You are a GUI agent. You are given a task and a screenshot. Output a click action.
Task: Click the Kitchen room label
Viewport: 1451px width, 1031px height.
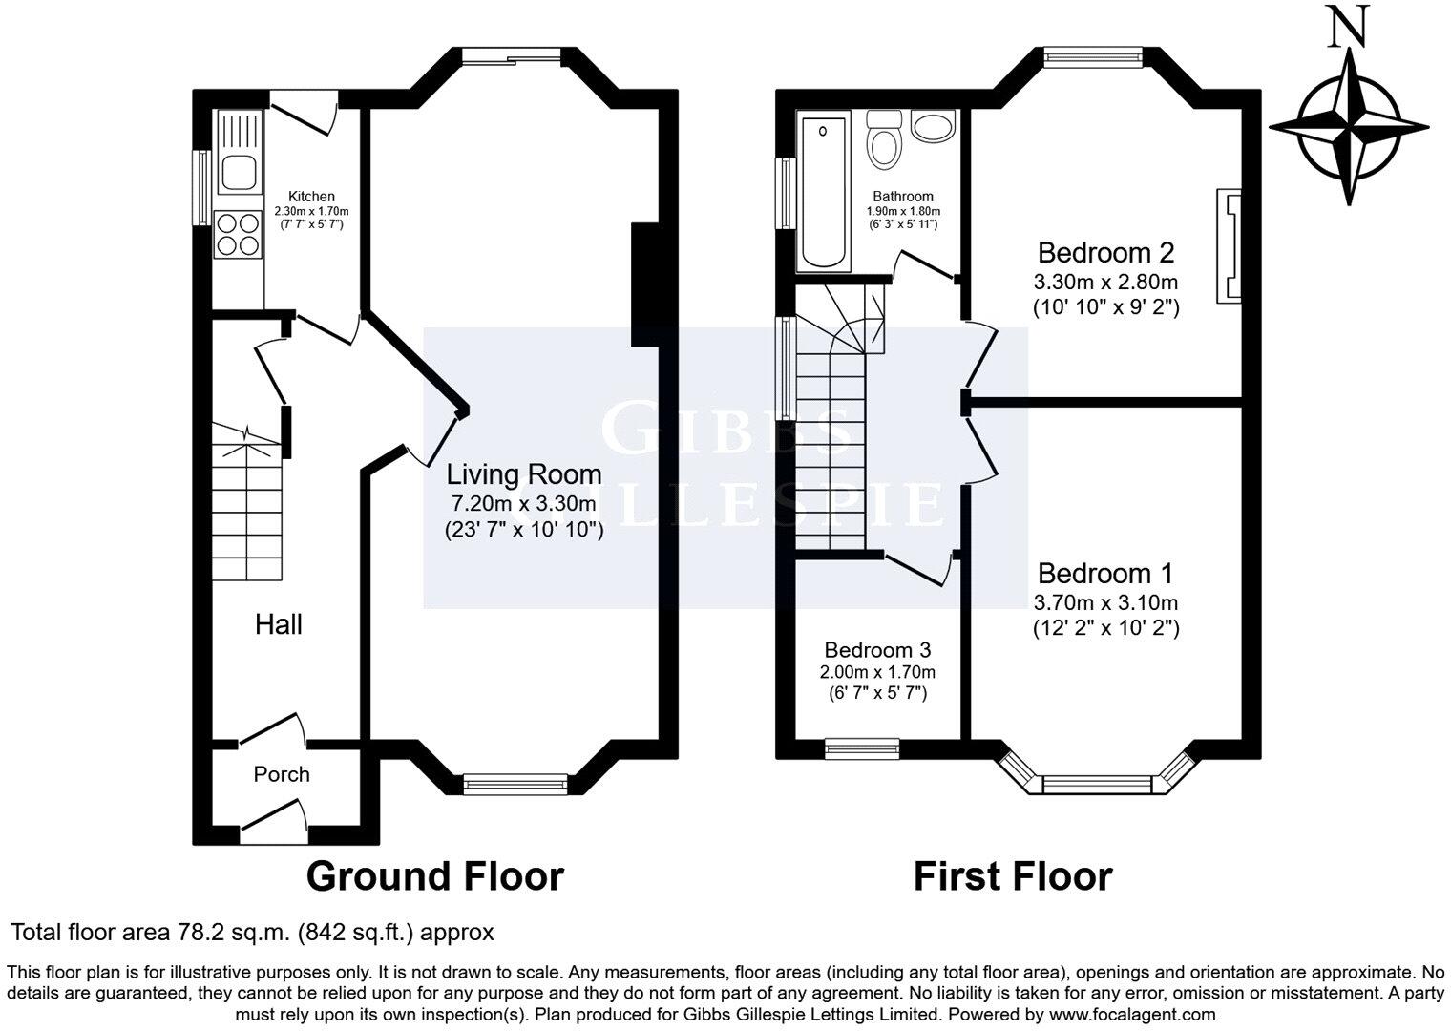pos(311,197)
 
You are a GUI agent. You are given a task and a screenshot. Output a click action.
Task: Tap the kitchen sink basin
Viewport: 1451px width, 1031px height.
pos(240,173)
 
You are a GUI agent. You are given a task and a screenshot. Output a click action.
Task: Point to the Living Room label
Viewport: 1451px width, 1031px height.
pos(524,475)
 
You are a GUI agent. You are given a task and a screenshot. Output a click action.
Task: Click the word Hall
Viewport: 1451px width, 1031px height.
pos(279,624)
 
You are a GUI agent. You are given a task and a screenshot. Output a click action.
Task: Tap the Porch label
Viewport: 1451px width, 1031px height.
pos(281,774)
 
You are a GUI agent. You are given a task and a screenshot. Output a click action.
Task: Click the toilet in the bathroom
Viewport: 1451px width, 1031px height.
pos(885,140)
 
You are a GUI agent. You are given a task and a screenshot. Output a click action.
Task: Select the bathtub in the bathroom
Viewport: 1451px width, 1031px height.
pos(823,192)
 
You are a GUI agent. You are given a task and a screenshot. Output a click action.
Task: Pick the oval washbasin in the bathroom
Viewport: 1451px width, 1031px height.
pos(933,125)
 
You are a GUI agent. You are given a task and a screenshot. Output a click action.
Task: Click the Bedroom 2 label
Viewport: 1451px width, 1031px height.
pos(1105,253)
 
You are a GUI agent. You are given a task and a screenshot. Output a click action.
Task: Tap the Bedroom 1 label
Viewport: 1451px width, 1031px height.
pos(1105,573)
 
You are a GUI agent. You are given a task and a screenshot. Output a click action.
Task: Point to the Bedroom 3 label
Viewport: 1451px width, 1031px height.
pos(877,649)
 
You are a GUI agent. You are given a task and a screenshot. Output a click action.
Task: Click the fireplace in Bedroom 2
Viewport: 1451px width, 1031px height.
pos(1229,246)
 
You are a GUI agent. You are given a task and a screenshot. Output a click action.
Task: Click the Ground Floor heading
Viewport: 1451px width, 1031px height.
pos(434,876)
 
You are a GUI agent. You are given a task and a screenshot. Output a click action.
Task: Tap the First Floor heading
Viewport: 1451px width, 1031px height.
pos(1013,876)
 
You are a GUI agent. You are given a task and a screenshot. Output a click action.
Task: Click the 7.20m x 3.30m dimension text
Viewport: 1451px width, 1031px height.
pos(524,503)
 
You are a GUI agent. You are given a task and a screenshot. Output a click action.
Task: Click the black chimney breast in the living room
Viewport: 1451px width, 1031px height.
pos(644,284)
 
